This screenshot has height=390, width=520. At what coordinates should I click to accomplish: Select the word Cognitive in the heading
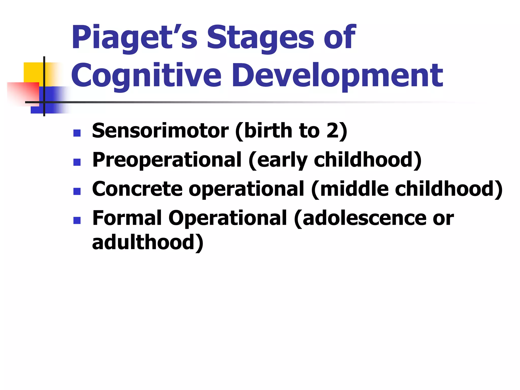click(146, 76)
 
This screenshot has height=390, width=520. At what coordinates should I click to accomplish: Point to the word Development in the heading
click(338, 76)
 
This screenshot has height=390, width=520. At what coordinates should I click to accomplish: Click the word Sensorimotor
click(160, 131)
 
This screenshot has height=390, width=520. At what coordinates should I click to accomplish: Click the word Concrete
click(137, 189)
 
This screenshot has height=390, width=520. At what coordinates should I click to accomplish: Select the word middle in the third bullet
click(354, 189)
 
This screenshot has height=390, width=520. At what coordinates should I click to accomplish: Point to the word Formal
click(127, 218)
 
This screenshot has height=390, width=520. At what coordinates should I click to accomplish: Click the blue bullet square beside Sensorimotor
click(77, 133)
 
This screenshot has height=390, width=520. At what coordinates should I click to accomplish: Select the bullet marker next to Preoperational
click(77, 162)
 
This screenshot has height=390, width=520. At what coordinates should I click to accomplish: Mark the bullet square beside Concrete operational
click(77, 191)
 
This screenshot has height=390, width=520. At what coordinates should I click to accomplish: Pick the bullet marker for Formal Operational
click(77, 220)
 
